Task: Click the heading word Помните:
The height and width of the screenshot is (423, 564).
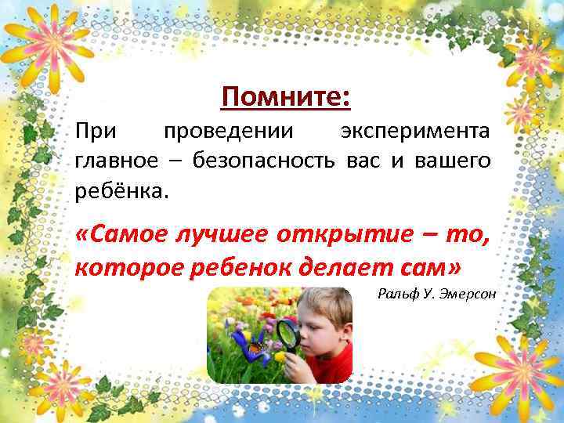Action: click(x=285, y=98)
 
